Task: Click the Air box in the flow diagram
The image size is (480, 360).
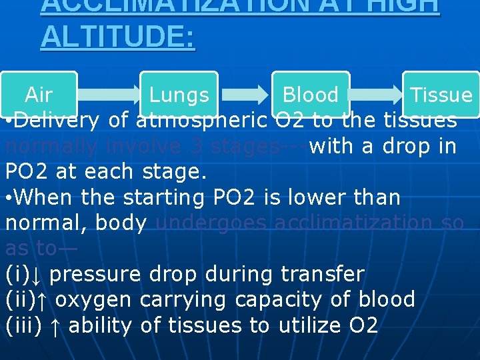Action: [39, 95]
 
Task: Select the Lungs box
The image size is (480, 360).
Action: [179, 95]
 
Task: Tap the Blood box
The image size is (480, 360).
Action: [310, 95]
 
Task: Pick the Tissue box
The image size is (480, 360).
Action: [441, 95]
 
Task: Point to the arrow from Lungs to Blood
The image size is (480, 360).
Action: [244, 95]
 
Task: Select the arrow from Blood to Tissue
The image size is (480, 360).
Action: [376, 95]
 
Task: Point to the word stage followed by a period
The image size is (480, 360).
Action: [175, 172]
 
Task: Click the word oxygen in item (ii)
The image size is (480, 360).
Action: [93, 299]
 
